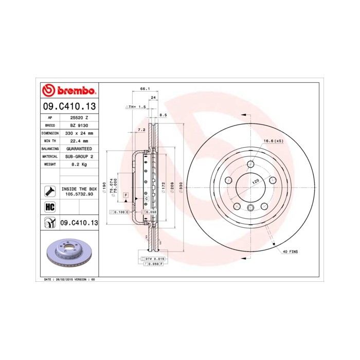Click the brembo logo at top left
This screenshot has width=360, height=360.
click(68, 91)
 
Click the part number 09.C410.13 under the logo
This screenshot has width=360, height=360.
click(68, 106)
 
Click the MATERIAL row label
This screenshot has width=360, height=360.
click(50, 156)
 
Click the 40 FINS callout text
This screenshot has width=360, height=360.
click(290, 251)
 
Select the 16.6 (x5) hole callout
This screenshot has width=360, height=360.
click(273, 140)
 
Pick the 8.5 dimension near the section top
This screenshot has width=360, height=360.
click(163, 115)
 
